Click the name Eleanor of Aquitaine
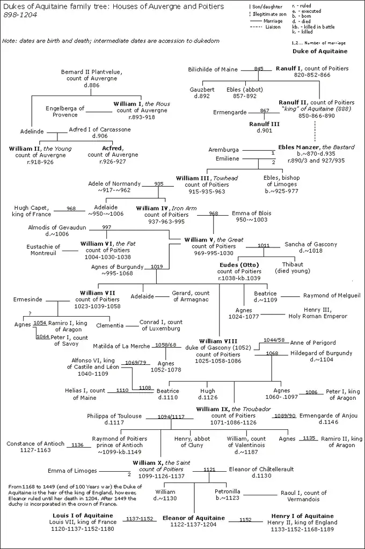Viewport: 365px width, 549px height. point(194,518)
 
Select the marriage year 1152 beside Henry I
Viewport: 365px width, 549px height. point(245,519)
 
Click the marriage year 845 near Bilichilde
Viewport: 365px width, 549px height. point(259,69)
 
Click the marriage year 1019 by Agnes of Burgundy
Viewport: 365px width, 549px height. point(156,266)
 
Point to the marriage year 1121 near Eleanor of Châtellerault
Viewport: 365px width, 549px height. point(209,469)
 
